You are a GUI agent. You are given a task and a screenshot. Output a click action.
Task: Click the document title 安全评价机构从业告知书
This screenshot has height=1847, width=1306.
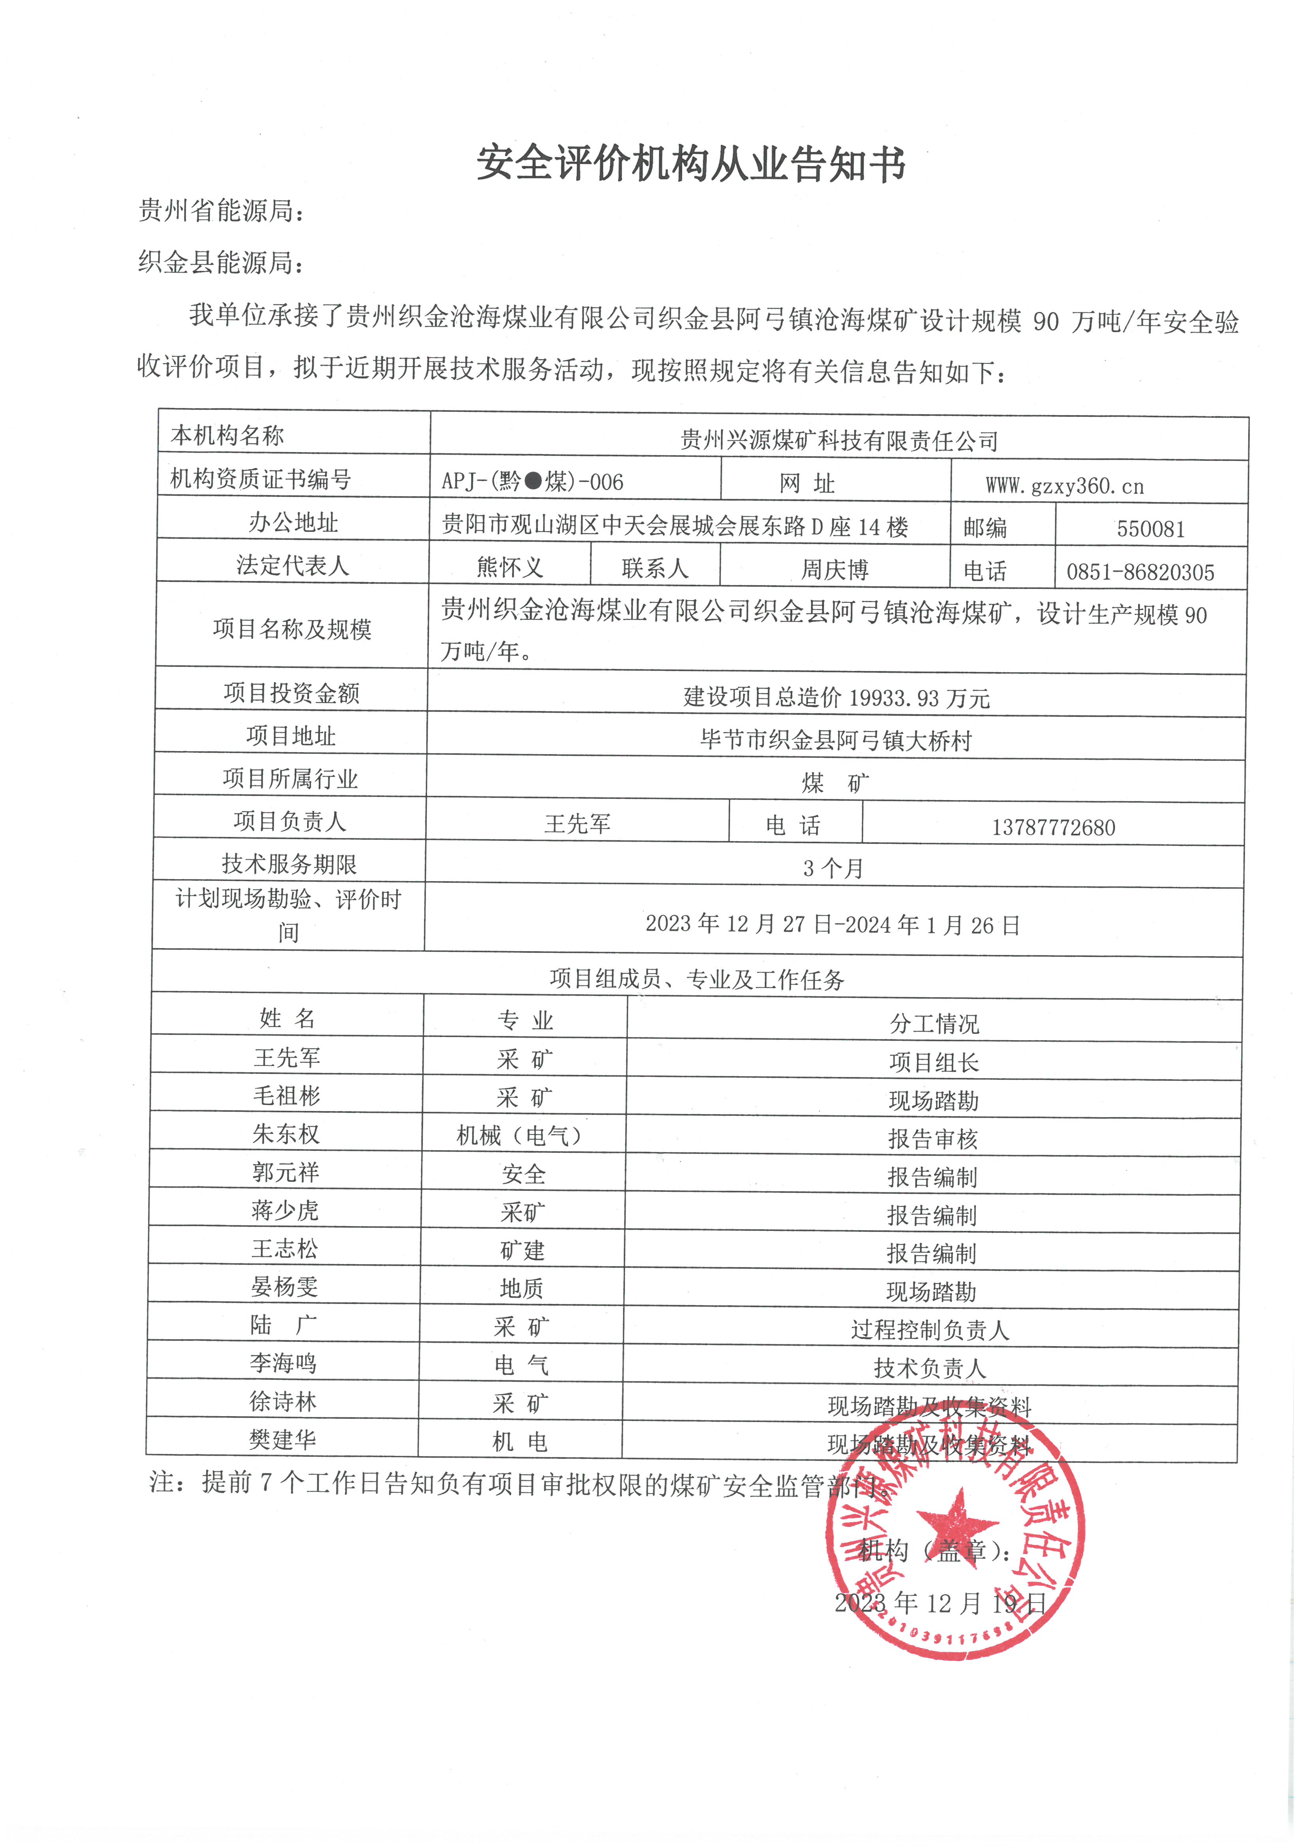[x=691, y=164]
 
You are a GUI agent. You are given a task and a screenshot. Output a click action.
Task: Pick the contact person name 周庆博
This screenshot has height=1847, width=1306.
[x=834, y=569]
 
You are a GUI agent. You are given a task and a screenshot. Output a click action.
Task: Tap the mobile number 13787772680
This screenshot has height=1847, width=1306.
[x=1053, y=827]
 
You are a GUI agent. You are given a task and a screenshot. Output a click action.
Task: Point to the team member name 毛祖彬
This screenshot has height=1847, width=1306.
[x=286, y=1095]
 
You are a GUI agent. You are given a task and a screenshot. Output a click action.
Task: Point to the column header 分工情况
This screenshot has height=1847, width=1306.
[x=934, y=1023]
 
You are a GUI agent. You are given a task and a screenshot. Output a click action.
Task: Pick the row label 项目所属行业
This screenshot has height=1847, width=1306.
[x=290, y=778]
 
